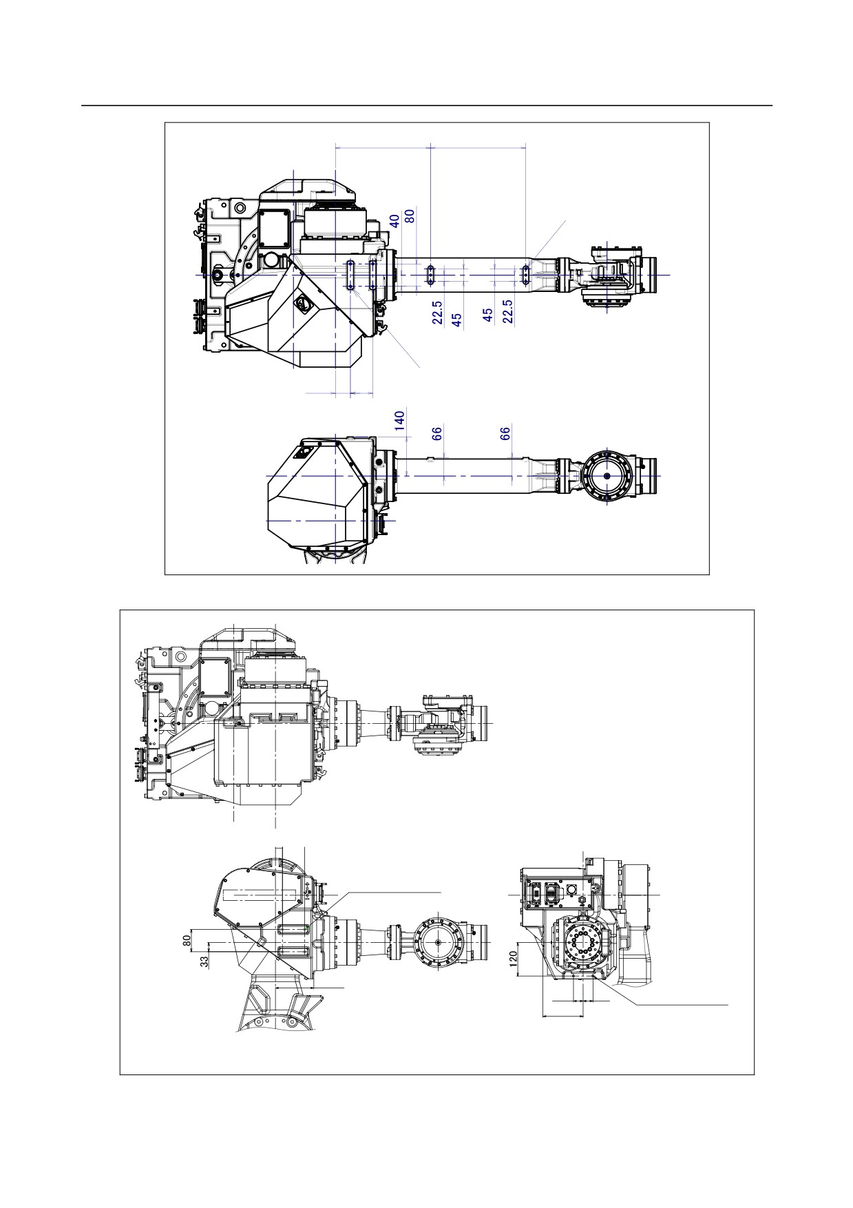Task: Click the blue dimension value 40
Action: click(394, 220)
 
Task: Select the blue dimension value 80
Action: click(410, 216)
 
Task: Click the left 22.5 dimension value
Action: click(438, 312)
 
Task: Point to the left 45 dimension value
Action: click(456, 320)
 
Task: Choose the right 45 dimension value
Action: click(488, 315)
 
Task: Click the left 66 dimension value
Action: click(436, 433)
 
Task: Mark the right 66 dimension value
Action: click(505, 433)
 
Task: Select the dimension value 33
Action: click(204, 962)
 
